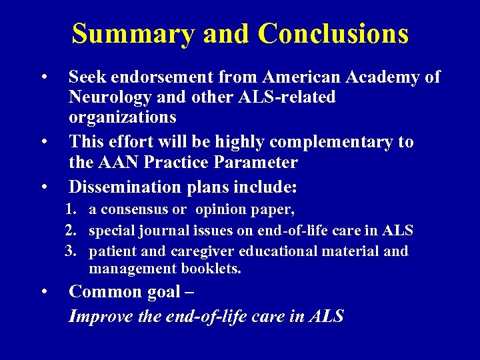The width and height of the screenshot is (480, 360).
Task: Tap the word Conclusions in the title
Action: coord(333,33)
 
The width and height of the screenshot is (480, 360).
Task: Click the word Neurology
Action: coord(111,97)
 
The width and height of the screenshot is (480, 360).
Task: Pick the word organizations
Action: coord(123,118)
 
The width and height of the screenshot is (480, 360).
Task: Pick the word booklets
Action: coord(211,269)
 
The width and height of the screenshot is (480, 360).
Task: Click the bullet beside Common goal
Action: coord(43,292)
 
